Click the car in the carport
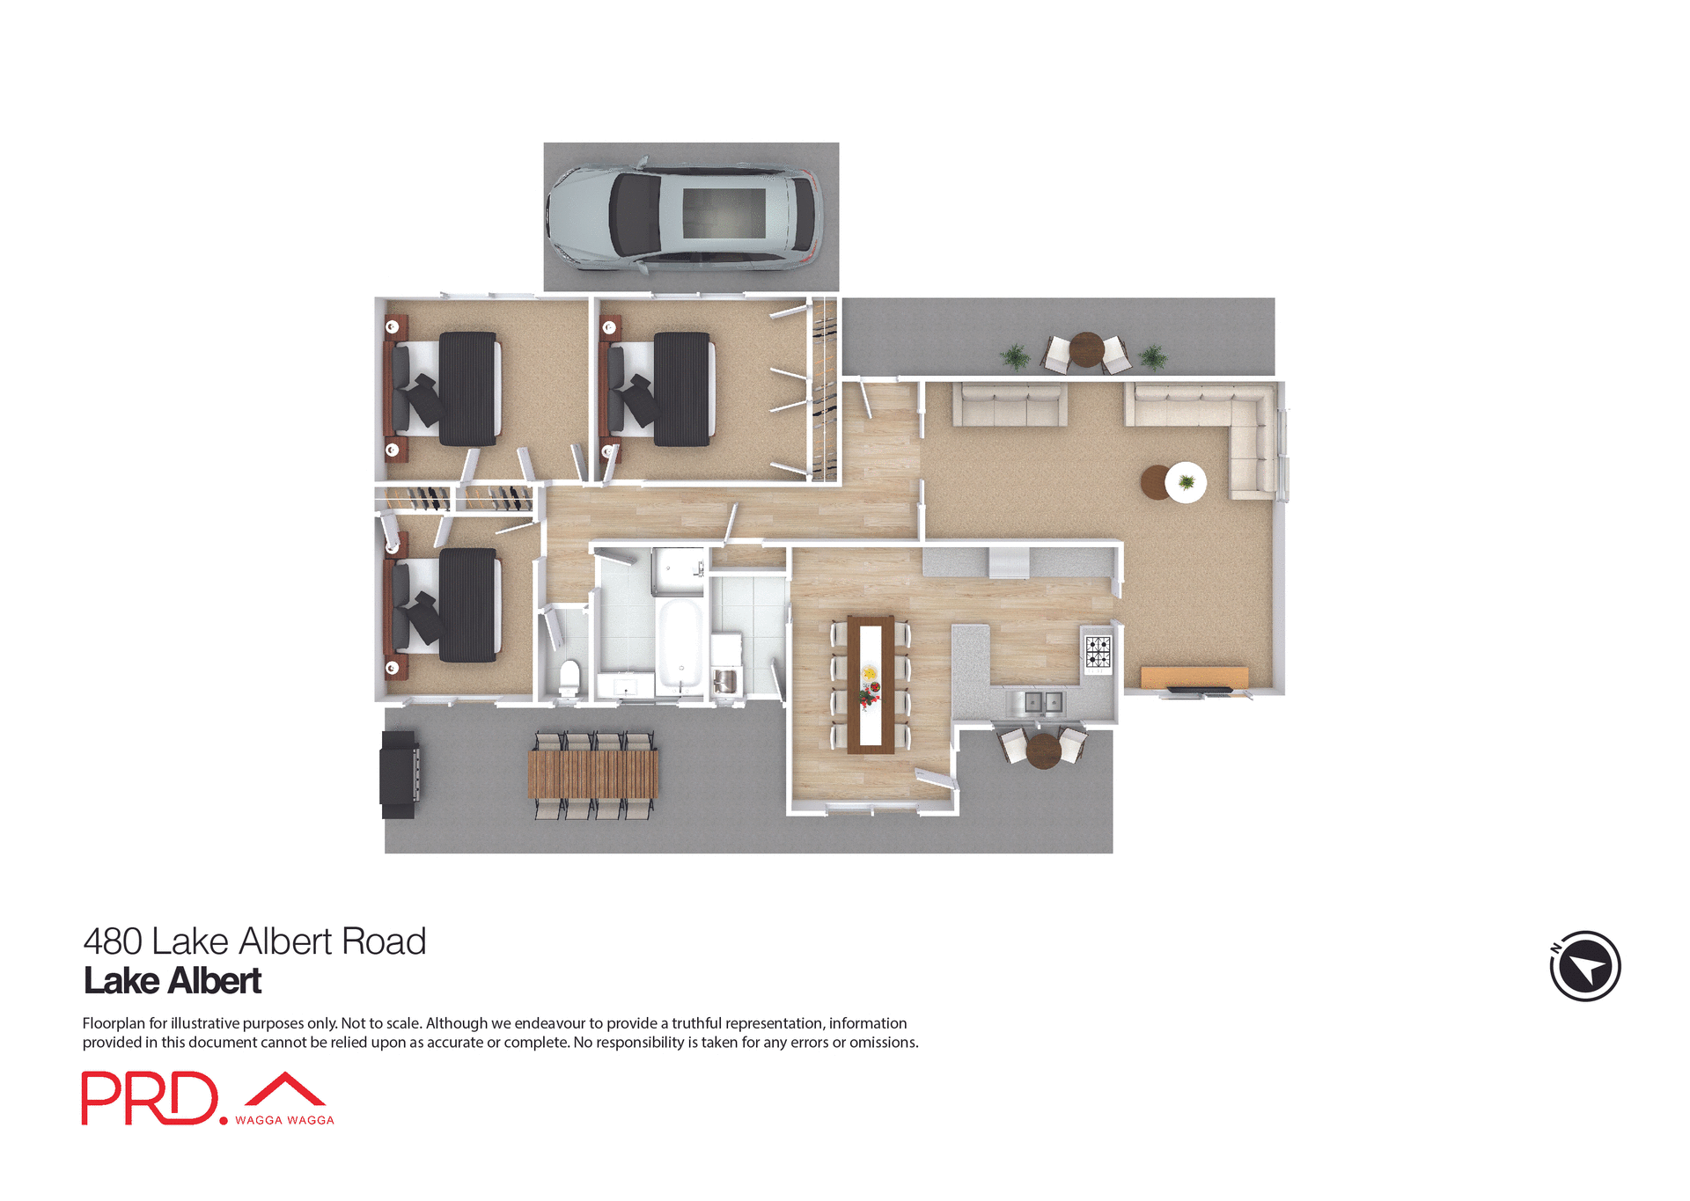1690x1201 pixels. (685, 216)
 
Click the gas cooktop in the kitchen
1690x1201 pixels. (1098, 652)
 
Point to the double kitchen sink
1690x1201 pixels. (1043, 702)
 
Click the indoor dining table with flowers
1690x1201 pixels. (871, 685)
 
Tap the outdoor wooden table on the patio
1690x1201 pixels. (592, 773)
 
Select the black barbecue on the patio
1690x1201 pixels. (399, 774)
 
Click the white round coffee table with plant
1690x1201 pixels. (1186, 482)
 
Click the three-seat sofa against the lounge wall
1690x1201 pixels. (1010, 405)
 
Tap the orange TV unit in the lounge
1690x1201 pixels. (1194, 677)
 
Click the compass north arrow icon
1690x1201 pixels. (1584, 966)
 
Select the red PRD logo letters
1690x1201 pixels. (150, 1098)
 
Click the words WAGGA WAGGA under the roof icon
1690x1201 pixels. (284, 1120)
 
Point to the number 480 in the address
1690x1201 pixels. (113, 941)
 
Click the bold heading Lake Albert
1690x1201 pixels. (173, 981)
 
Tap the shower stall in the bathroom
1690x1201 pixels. (678, 572)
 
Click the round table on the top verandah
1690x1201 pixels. (1086, 349)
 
